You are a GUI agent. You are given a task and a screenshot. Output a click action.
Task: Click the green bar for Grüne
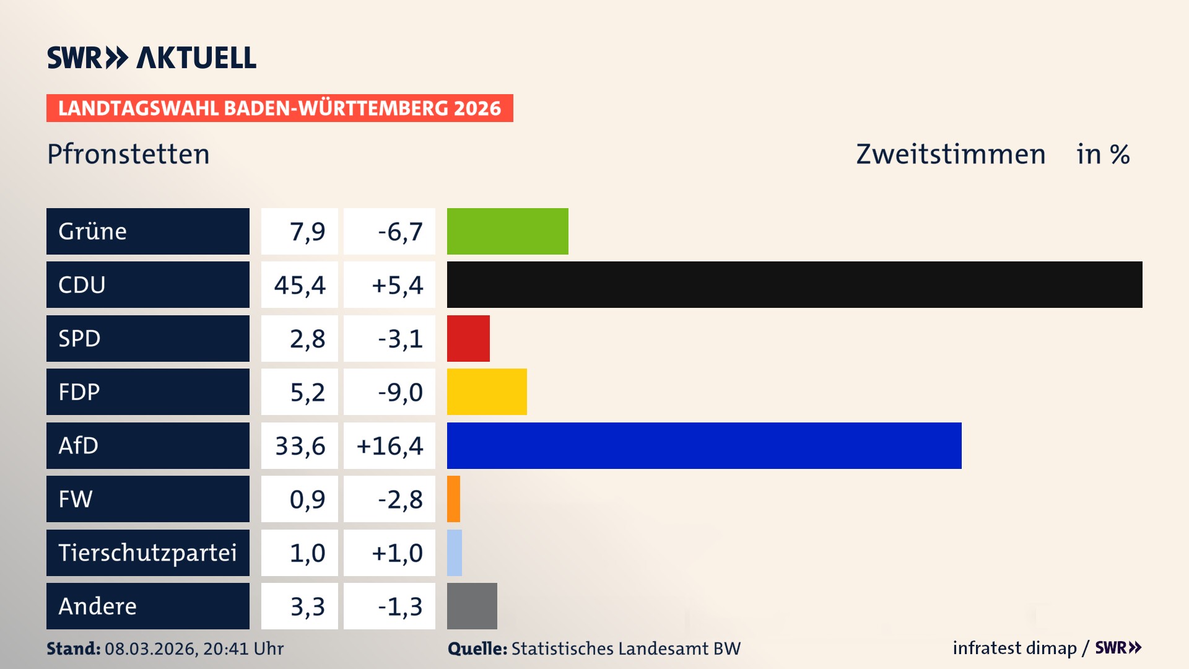click(x=507, y=231)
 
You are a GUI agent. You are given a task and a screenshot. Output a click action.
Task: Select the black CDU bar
click(x=794, y=284)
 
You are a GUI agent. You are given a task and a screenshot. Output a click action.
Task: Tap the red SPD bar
click(x=468, y=338)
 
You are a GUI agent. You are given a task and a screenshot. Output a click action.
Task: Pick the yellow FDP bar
click(x=487, y=391)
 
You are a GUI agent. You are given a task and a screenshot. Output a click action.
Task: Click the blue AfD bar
click(x=703, y=445)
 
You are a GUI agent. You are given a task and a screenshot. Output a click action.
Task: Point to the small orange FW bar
click(x=453, y=499)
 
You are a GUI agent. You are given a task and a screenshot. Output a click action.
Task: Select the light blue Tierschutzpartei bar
click(x=455, y=553)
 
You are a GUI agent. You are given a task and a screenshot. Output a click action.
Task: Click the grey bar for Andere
click(x=472, y=606)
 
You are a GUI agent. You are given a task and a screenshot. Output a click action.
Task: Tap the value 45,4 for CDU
click(x=300, y=285)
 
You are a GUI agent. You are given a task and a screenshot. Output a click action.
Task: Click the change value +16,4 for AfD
click(x=390, y=445)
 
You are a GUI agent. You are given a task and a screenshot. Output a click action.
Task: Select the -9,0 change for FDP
click(x=400, y=392)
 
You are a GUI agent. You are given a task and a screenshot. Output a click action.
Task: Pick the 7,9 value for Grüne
click(x=307, y=232)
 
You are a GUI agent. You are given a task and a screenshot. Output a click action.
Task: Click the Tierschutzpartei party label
click(x=147, y=553)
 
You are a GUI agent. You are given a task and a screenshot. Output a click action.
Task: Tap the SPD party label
click(x=79, y=338)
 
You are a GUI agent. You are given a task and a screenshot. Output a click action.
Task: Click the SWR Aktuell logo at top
click(x=151, y=58)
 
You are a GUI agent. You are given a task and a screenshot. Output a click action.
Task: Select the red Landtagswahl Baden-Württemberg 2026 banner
click(x=279, y=108)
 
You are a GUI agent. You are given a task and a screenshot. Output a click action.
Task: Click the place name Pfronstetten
click(x=128, y=154)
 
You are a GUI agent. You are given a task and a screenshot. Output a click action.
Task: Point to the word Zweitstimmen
click(x=950, y=154)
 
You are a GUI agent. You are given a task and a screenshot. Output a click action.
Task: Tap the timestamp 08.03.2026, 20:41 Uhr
click(x=194, y=649)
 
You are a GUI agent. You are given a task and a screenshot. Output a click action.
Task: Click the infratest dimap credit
click(x=1014, y=648)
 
